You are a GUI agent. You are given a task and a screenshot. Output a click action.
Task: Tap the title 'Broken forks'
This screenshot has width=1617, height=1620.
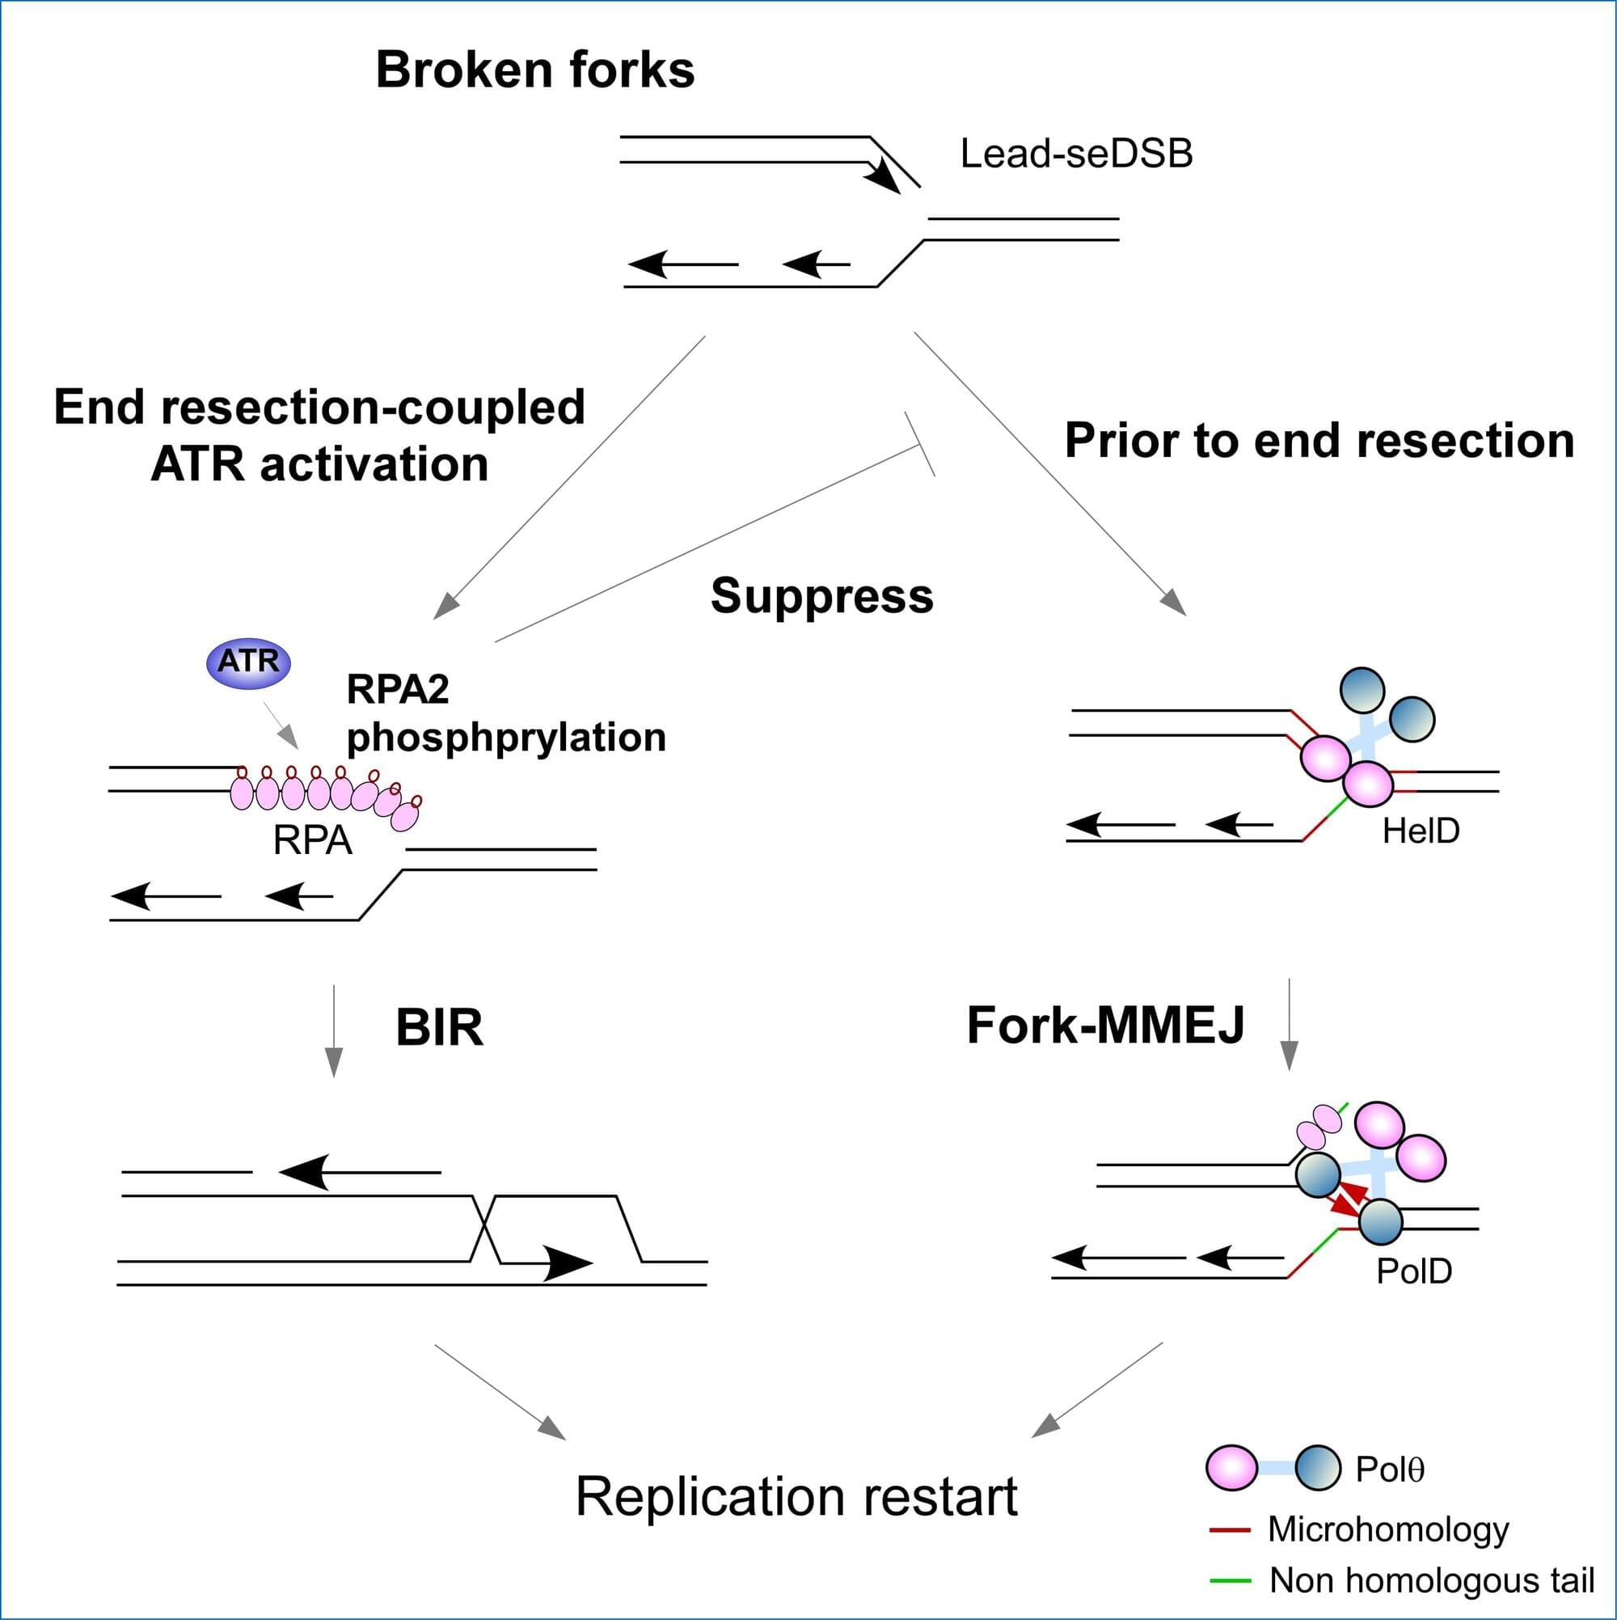534,70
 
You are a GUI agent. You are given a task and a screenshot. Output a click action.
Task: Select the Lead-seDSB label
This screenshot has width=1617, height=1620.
1075,154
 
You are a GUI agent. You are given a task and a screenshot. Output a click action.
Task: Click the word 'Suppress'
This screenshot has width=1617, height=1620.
821,596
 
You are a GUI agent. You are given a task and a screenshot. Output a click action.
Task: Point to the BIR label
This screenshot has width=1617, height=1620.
439,1027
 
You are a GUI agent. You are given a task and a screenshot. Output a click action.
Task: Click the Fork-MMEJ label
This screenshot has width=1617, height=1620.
1105,1025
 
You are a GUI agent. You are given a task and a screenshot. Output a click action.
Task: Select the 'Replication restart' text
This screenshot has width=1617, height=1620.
796,1497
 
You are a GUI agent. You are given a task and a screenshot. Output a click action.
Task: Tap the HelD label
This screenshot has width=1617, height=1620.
1420,831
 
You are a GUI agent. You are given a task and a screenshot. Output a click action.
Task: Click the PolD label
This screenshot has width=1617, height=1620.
1413,1271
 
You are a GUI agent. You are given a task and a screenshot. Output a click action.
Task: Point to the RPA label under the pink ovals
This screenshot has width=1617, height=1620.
312,841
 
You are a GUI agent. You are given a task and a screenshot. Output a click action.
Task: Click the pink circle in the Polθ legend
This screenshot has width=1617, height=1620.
1231,1468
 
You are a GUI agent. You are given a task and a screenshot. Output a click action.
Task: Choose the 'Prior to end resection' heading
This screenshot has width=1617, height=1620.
1319,441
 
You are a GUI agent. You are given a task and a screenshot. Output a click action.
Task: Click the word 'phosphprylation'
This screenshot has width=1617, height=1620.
506,738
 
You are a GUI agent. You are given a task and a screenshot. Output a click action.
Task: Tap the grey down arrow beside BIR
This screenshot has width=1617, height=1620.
334,1031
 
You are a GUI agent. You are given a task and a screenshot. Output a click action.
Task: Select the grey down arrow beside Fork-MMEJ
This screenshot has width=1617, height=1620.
1290,1025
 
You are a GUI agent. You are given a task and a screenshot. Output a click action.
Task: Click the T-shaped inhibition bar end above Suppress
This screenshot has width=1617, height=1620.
919,444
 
